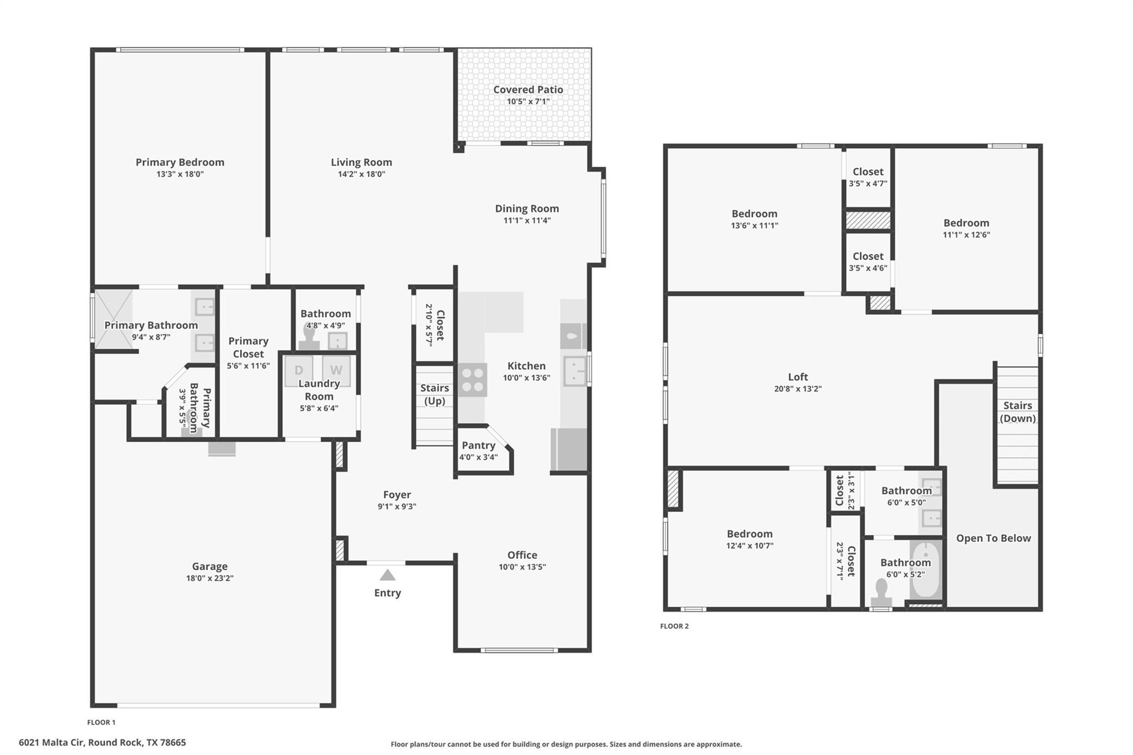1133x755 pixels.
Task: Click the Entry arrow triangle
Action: tap(387, 575)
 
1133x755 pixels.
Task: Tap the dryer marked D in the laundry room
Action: tap(299, 370)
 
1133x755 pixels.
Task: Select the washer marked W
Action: tap(336, 370)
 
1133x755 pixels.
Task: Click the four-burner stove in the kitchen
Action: tap(472, 380)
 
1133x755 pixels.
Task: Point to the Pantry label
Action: tap(479, 445)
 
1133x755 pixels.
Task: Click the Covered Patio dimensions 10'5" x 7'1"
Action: tap(528, 102)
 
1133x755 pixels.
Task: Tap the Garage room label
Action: tap(210, 566)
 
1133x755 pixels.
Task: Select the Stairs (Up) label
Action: tap(435, 394)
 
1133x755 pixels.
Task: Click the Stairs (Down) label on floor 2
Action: tap(1018, 412)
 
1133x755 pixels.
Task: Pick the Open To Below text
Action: tap(994, 538)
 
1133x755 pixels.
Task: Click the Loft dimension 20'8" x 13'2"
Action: tap(798, 389)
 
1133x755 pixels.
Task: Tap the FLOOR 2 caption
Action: tap(674, 626)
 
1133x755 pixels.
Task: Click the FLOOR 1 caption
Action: tap(101, 722)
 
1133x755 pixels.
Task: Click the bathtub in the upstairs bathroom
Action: tap(926, 570)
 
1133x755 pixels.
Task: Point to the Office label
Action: tap(522, 555)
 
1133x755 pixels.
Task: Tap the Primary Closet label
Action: tap(248, 347)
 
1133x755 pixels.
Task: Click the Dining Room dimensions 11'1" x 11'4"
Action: tap(527, 221)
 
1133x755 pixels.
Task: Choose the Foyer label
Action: tap(397, 495)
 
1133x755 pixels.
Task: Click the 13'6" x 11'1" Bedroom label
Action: tap(755, 214)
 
